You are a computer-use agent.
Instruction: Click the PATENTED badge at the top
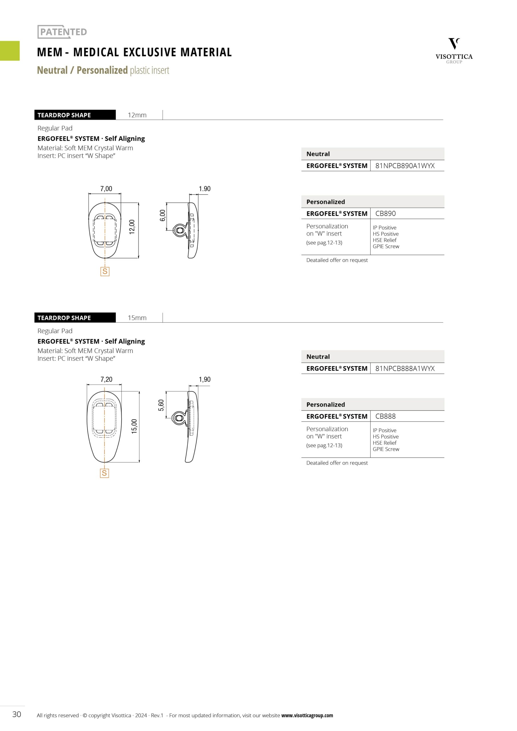coord(63,32)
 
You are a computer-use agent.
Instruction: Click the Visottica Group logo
coord(454,51)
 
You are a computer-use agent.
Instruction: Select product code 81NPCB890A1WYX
coord(404,166)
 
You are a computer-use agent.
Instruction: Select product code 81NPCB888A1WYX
coord(404,368)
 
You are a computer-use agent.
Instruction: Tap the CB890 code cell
coord(385,213)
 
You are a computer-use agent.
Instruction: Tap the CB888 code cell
coord(385,416)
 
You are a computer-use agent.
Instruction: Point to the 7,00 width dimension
coord(106,189)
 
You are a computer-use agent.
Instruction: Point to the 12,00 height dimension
coord(132,227)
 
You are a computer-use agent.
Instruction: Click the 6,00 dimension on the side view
coord(163,216)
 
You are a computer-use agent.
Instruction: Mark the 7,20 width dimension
coord(106,379)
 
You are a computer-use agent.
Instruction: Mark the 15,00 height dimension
coord(134,426)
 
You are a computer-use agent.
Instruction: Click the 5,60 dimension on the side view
coord(161,405)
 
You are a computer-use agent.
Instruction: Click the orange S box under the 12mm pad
coord(105,271)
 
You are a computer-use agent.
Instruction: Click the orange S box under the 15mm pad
coord(104,473)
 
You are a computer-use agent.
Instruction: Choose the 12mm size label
coord(137,115)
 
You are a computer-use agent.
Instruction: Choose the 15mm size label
coord(137,318)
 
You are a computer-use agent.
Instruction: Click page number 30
coord(17,714)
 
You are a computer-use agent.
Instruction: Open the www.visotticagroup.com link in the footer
coord(307,715)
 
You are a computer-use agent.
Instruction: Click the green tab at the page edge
coord(9,51)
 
